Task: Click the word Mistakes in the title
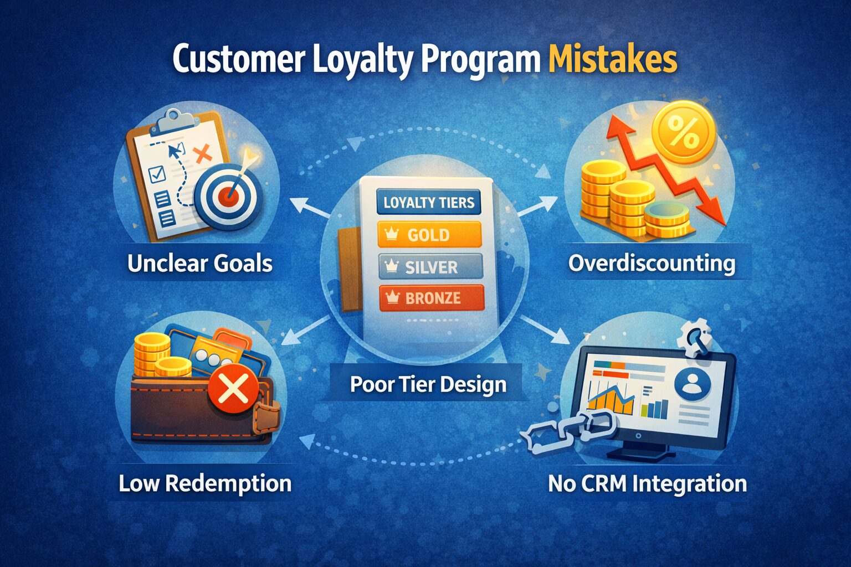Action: pos(612,59)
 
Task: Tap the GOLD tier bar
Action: pos(429,234)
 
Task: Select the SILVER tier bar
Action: pos(430,267)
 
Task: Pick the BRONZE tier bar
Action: pos(432,298)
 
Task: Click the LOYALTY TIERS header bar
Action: pos(428,202)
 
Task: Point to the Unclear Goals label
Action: pos(199,263)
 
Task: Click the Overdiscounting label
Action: pos(652,263)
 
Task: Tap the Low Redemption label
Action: pos(205,483)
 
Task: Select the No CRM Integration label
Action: pos(647,483)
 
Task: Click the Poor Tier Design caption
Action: pos(428,384)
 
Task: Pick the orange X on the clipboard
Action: pos(204,152)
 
